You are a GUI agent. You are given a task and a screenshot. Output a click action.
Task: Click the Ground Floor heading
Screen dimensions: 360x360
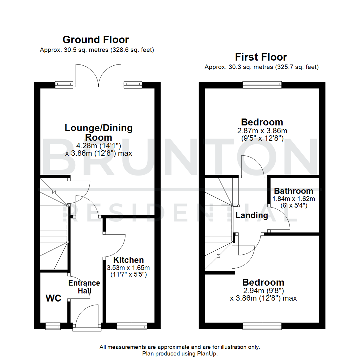click(x=96, y=40)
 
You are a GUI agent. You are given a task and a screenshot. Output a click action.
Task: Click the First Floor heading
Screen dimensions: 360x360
click(x=261, y=57)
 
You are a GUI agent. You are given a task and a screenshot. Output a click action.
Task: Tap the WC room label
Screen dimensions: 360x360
click(x=53, y=298)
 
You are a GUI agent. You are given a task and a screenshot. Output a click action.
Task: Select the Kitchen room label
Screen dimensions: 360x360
click(x=128, y=260)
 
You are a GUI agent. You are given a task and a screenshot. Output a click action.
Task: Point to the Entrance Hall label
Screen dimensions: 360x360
click(x=84, y=287)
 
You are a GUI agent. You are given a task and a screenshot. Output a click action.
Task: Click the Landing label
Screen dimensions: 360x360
click(x=252, y=215)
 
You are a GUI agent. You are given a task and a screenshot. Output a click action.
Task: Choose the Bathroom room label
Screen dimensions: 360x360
click(x=293, y=191)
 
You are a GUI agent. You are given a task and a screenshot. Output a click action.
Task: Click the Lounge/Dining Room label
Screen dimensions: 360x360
click(x=98, y=132)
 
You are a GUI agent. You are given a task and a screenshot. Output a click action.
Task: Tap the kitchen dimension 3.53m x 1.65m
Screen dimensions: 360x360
click(x=128, y=268)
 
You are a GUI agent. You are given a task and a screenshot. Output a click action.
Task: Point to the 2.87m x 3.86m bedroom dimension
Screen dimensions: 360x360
click(x=262, y=131)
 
